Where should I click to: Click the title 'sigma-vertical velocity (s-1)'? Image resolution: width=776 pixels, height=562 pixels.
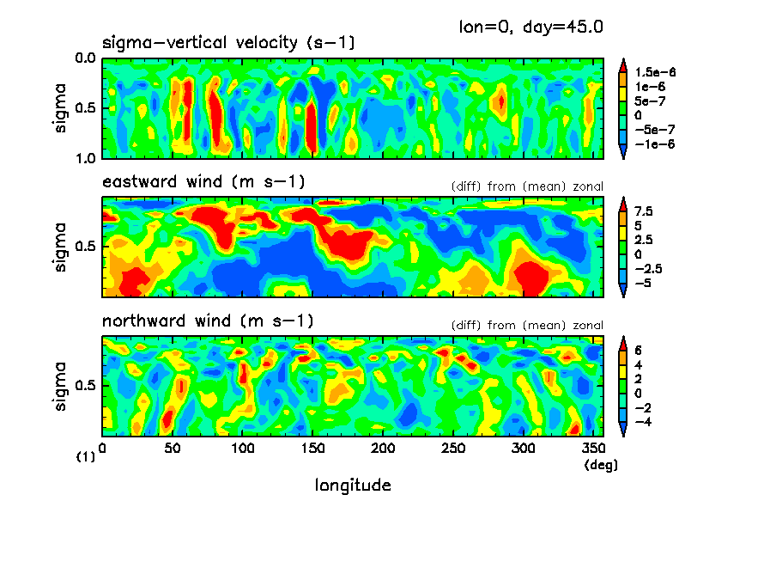point(228,42)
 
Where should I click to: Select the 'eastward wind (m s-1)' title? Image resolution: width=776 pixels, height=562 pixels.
point(203,181)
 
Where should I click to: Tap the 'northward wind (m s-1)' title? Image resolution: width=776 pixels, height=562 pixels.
point(208,321)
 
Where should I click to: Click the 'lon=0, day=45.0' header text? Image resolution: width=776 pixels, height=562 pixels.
point(531,26)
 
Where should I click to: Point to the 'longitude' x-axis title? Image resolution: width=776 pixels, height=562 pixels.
point(353,486)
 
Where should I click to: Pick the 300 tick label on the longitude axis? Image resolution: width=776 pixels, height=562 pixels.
point(524,449)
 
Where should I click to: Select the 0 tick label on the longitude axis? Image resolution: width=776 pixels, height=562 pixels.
point(103,449)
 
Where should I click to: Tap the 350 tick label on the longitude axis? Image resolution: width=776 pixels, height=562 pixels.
point(593,449)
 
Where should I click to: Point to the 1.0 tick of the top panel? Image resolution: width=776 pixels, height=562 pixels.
point(86,158)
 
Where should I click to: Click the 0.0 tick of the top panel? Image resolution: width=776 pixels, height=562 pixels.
point(86,59)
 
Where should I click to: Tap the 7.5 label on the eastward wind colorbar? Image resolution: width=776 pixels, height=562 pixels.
point(644,211)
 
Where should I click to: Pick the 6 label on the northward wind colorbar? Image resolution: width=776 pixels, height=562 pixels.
point(639,350)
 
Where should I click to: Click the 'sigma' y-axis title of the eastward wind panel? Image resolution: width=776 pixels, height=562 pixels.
point(60,247)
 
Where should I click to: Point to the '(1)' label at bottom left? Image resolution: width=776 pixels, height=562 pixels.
point(85,458)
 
